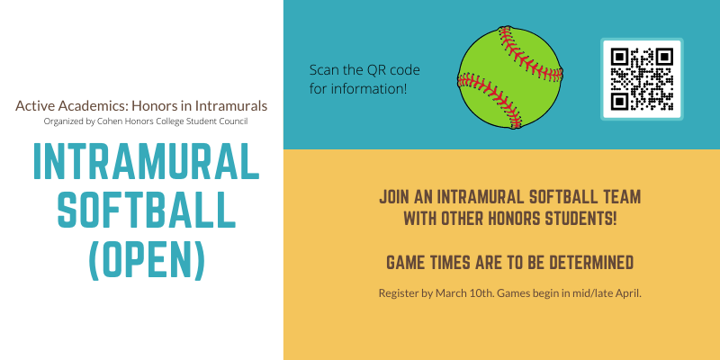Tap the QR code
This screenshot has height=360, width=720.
[x=642, y=79]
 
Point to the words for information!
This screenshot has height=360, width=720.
[x=358, y=88]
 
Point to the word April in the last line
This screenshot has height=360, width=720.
[x=625, y=293]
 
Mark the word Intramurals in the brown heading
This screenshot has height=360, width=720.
[x=229, y=105]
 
